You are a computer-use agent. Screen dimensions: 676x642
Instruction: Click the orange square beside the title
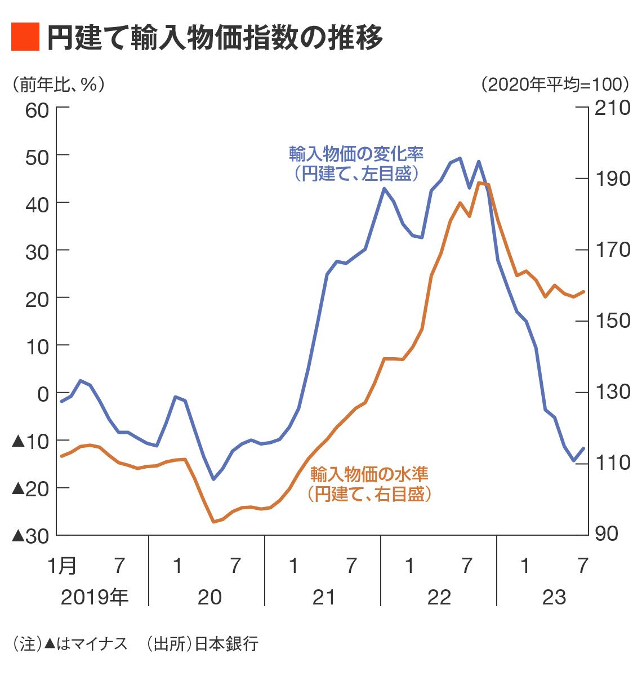click(25, 37)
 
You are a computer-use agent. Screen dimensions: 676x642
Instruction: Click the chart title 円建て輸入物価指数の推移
click(215, 37)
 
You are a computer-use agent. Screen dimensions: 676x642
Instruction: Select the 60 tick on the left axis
click(37, 110)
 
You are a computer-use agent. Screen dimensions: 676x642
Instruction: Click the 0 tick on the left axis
click(43, 393)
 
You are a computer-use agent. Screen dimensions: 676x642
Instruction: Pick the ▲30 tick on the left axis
click(30, 536)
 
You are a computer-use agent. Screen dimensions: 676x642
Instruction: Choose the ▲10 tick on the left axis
click(30, 441)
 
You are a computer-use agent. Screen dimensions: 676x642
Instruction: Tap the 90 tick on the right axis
click(607, 533)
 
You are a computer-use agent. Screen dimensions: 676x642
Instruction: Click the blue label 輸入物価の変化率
click(356, 153)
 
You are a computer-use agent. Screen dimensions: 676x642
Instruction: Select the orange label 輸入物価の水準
click(369, 473)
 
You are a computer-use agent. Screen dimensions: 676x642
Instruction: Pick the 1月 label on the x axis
click(61, 565)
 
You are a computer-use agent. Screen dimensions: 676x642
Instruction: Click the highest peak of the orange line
click(479, 183)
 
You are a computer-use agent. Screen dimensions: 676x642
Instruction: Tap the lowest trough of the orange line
click(213, 522)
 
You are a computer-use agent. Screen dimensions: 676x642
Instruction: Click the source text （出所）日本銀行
click(201, 644)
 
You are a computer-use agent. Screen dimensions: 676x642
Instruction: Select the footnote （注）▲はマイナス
click(70, 644)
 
